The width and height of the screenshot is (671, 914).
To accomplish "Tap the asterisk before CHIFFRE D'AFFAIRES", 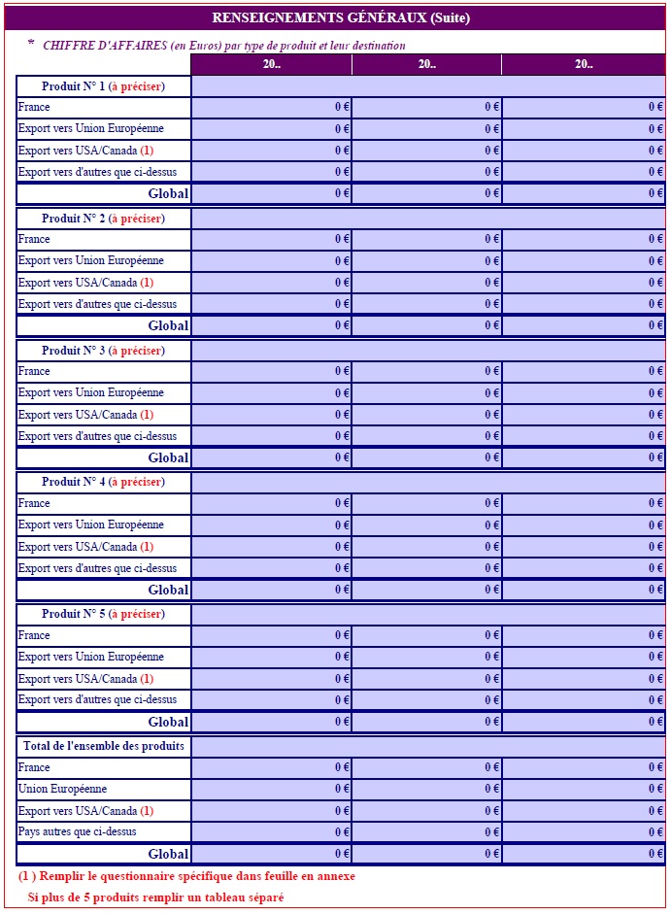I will click(x=31, y=44).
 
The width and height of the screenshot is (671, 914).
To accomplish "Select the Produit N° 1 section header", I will click(x=103, y=86).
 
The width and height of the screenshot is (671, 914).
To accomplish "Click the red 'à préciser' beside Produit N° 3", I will click(x=137, y=351).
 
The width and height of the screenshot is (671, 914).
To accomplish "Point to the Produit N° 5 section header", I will click(x=103, y=614).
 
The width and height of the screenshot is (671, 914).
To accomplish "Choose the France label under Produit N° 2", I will click(x=34, y=239).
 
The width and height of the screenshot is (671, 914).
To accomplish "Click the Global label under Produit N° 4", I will click(x=168, y=590).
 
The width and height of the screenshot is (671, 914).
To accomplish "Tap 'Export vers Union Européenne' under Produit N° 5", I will click(x=90, y=657).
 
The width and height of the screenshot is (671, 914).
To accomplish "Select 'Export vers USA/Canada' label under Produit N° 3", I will click(x=78, y=415).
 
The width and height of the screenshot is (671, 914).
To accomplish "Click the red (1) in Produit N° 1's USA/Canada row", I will click(x=147, y=151).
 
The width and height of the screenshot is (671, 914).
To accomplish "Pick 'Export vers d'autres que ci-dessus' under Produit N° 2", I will click(x=97, y=304).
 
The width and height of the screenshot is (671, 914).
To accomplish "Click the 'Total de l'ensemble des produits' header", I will click(x=102, y=746).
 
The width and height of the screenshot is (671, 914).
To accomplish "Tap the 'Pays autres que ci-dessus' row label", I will click(x=77, y=831).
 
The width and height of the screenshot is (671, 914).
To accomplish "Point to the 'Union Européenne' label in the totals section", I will click(x=62, y=789).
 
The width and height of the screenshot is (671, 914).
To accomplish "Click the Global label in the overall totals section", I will click(x=168, y=854).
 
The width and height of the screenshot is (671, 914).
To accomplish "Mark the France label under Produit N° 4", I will click(x=34, y=503).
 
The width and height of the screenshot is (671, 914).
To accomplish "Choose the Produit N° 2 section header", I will click(x=103, y=219).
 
